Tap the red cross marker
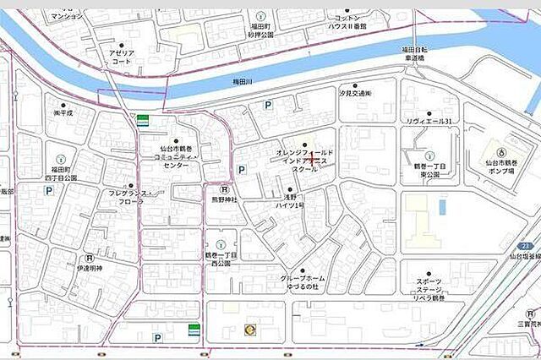(x=313, y=158)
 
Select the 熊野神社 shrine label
(x=225, y=200)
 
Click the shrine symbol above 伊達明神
(x=88, y=259)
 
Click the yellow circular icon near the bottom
(x=249, y=330)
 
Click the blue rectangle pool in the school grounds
(x=441, y=206)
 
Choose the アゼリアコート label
(x=121, y=56)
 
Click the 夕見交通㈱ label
(x=354, y=94)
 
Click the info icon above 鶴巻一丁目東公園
(x=429, y=155)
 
